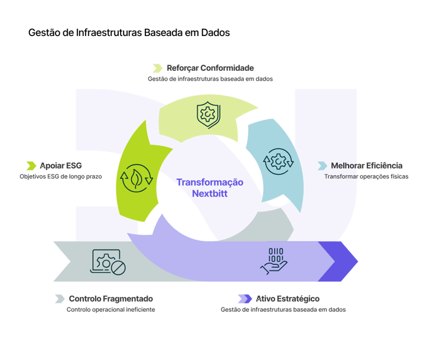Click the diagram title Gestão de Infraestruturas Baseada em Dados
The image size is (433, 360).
point(129,33)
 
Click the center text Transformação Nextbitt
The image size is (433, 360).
point(210,188)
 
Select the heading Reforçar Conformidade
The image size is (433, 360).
point(210,68)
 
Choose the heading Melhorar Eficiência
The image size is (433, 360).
point(367,165)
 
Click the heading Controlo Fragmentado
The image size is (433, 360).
point(110,299)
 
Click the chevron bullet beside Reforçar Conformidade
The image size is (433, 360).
point(157,68)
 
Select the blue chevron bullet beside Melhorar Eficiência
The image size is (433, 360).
point(323,165)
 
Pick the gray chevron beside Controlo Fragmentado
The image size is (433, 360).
point(60,299)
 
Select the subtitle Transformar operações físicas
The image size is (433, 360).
point(366,176)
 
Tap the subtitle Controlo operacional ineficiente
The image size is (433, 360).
point(111,309)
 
